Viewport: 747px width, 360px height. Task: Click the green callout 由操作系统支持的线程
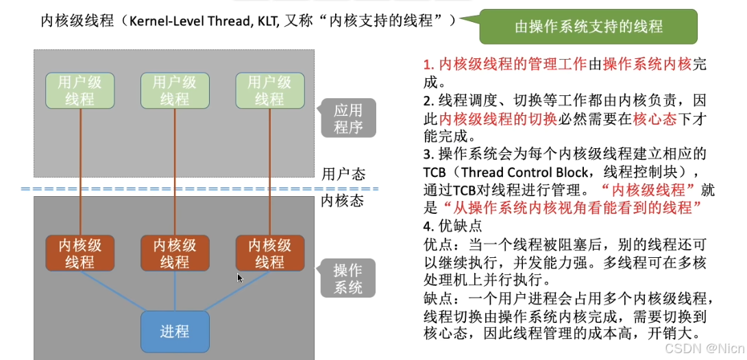click(588, 27)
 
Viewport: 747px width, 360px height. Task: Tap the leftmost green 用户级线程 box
click(79, 90)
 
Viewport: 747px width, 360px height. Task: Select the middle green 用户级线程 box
click(174, 90)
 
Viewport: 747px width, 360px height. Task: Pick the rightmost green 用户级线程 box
click(269, 90)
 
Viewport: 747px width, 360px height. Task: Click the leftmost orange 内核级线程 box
click(79, 253)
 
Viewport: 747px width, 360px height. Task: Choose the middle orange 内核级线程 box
click(174, 253)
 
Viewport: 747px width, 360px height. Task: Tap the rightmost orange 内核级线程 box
click(269, 253)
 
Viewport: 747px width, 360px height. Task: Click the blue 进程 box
click(174, 332)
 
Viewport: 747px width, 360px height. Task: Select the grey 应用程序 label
click(348, 118)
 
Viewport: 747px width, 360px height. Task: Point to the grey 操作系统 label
click(348, 278)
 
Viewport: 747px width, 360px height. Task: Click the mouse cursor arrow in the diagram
click(239, 278)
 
